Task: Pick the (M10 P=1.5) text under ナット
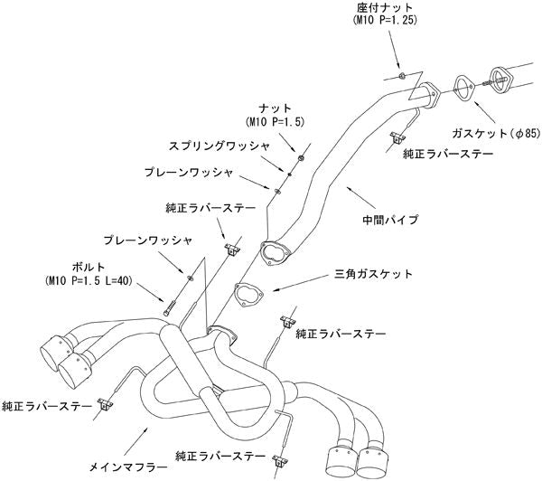pyautogui.click(x=277, y=120)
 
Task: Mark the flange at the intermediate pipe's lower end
pyautogui.click(x=271, y=250)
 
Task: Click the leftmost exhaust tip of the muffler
pyautogui.click(x=55, y=350)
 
